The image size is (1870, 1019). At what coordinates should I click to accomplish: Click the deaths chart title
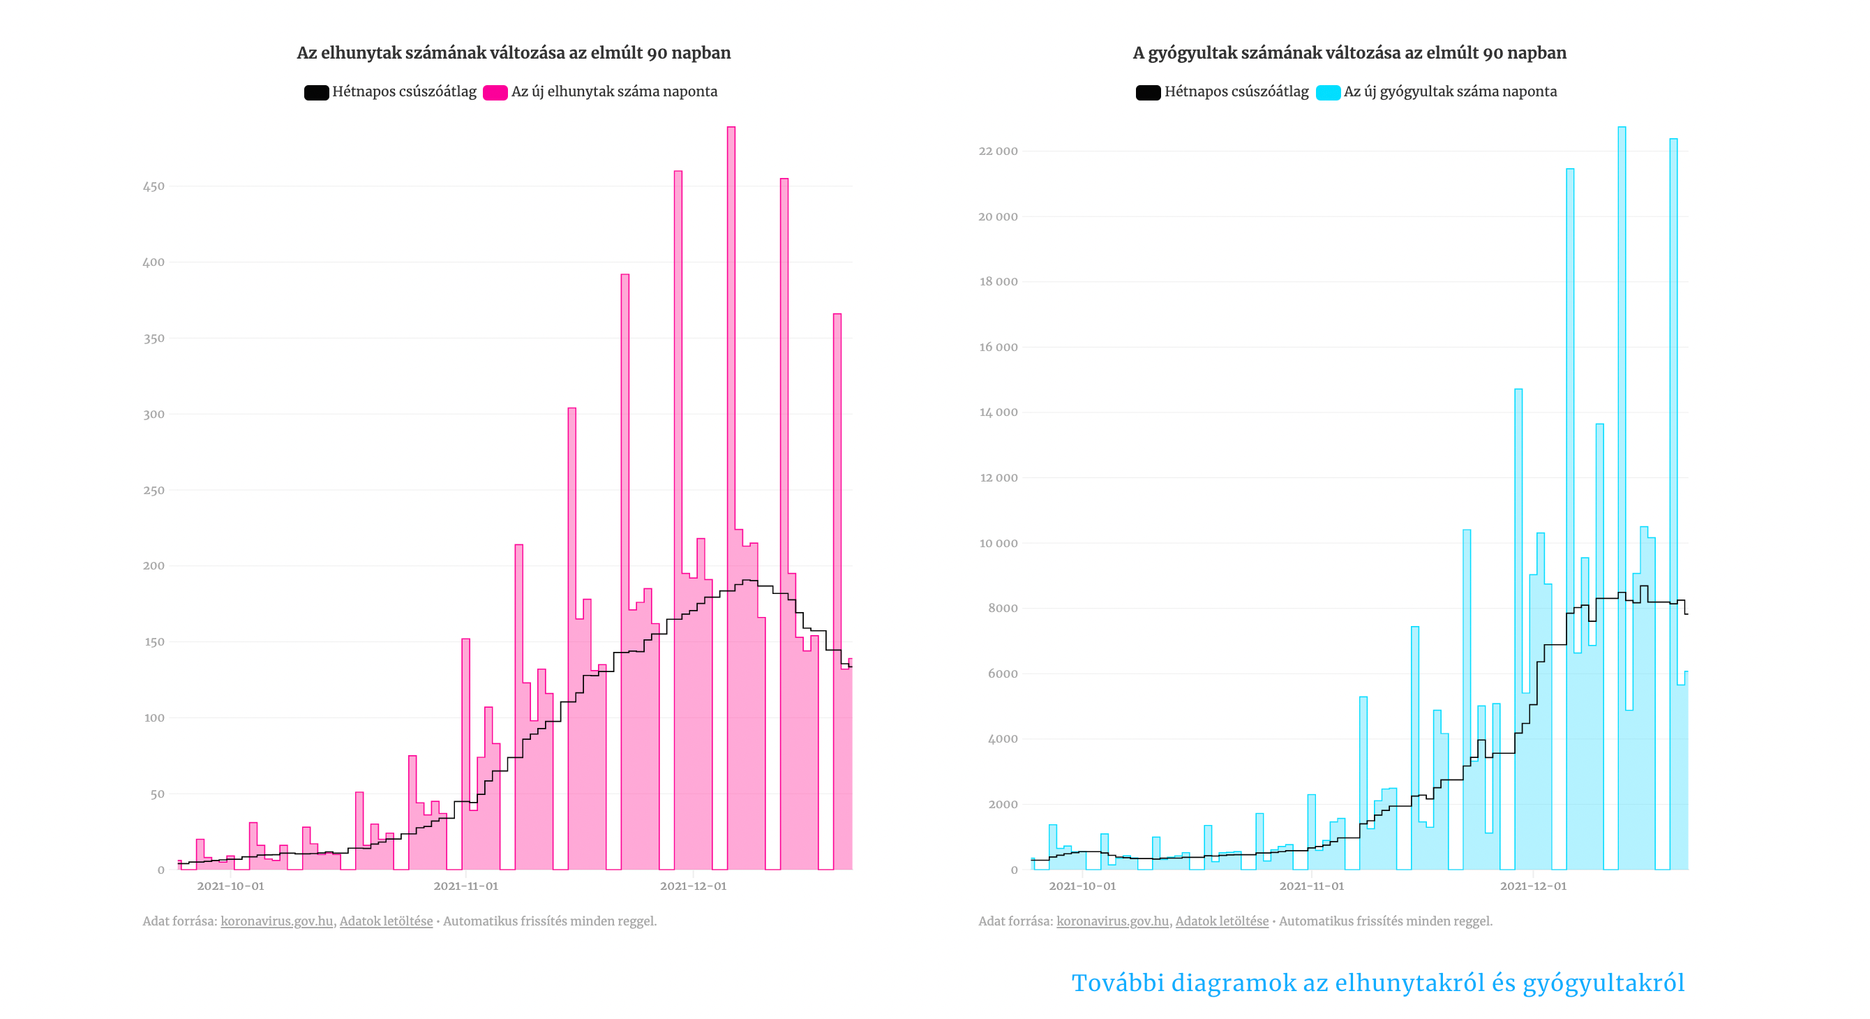tap(514, 53)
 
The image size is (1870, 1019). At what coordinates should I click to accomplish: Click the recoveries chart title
tap(1349, 53)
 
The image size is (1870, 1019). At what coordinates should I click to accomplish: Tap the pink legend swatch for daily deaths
tap(495, 92)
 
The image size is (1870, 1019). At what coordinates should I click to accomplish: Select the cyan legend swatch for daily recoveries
tap(1328, 92)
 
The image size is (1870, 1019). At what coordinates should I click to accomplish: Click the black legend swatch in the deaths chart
tap(316, 92)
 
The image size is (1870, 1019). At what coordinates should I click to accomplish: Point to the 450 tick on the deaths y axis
tap(154, 186)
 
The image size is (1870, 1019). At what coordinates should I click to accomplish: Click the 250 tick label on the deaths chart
tap(154, 490)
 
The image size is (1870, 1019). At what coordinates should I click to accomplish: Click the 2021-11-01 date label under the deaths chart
tap(465, 886)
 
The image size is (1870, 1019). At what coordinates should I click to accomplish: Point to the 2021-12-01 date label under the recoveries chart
tap(1532, 886)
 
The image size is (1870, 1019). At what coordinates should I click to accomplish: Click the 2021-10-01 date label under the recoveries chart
tap(1082, 886)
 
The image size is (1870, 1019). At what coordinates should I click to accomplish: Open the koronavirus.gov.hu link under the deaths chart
tap(276, 921)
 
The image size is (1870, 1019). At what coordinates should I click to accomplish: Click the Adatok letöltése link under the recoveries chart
tap(1222, 921)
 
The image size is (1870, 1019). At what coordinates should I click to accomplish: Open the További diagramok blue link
tap(1377, 983)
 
